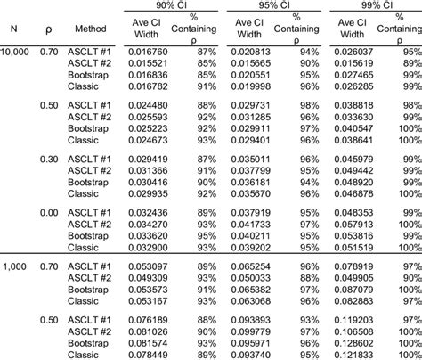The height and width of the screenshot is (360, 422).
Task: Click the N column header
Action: point(12,28)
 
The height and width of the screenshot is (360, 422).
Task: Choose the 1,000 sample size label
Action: point(17,266)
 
